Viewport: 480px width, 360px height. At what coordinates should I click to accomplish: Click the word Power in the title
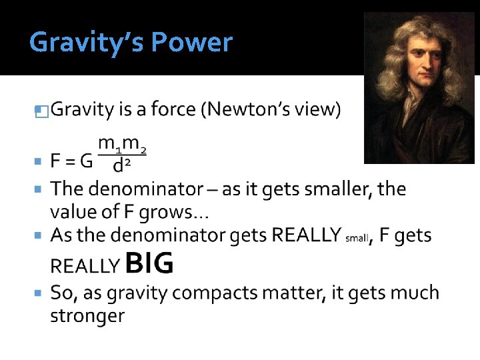(192, 43)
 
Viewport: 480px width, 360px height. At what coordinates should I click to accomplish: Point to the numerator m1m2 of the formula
(122, 144)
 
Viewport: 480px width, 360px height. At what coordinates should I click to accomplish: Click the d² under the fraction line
(121, 164)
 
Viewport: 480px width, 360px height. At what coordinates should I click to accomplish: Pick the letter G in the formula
(86, 161)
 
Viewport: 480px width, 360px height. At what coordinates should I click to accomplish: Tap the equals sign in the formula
(69, 161)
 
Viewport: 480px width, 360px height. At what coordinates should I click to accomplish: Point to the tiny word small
(357, 239)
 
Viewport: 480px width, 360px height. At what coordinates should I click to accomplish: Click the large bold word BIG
(149, 264)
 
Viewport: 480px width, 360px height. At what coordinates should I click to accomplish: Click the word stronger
(87, 316)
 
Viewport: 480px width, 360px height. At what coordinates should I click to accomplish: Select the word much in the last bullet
(413, 293)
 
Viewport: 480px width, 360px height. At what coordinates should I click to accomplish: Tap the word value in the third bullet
(73, 213)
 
